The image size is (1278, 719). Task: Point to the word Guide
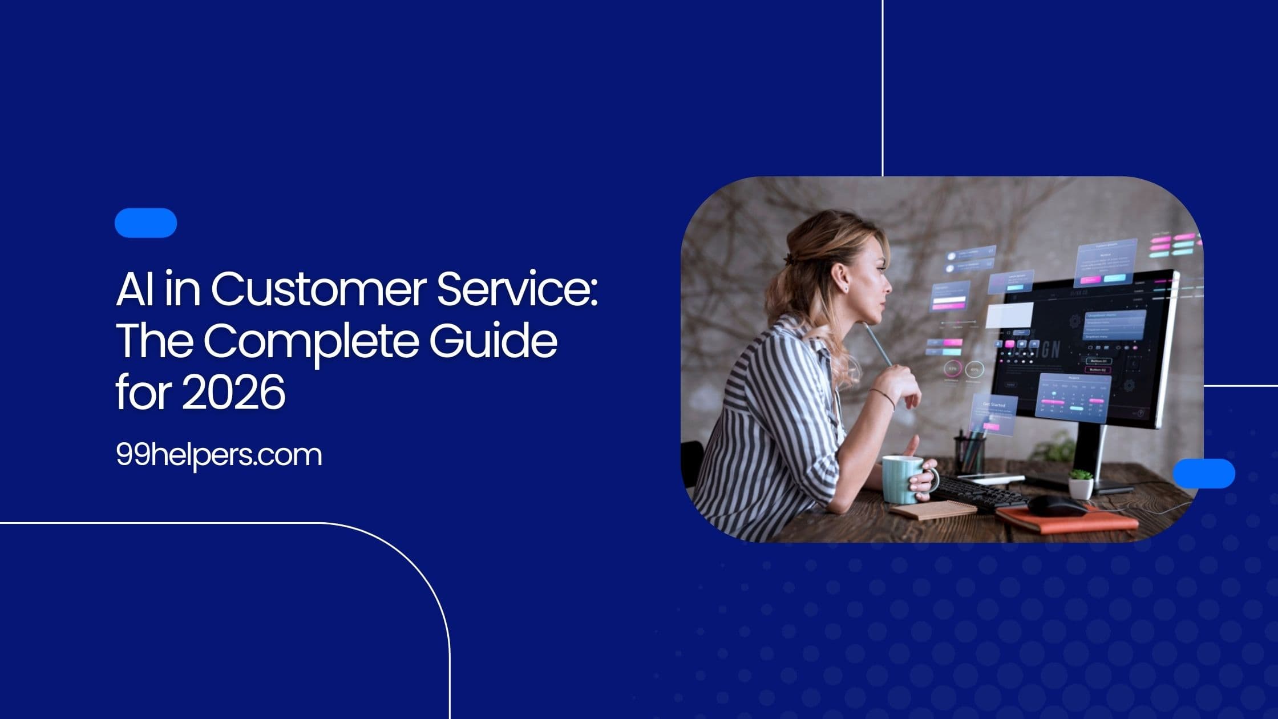pyautogui.click(x=493, y=341)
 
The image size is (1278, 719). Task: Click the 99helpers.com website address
pyautogui.click(x=219, y=455)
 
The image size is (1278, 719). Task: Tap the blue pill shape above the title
pyautogui.click(x=145, y=223)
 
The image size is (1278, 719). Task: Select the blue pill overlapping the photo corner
pyautogui.click(x=1204, y=473)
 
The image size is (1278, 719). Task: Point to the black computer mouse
pyautogui.click(x=1057, y=504)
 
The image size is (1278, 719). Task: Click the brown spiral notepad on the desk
pyautogui.click(x=933, y=510)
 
